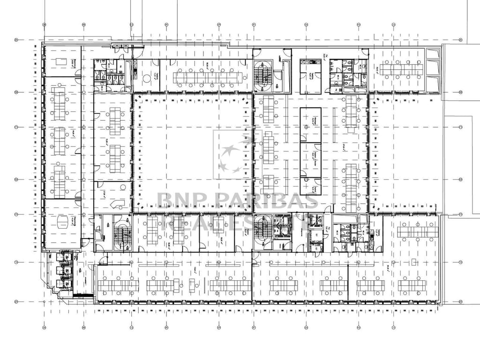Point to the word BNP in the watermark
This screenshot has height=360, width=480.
(180, 201)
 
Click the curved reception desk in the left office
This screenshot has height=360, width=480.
(119, 204)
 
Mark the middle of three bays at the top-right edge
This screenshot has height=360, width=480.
(433, 67)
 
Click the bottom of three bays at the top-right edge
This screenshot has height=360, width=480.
(433, 82)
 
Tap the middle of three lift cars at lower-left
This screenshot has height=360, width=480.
(63, 270)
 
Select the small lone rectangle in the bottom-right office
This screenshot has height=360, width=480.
(414, 262)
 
